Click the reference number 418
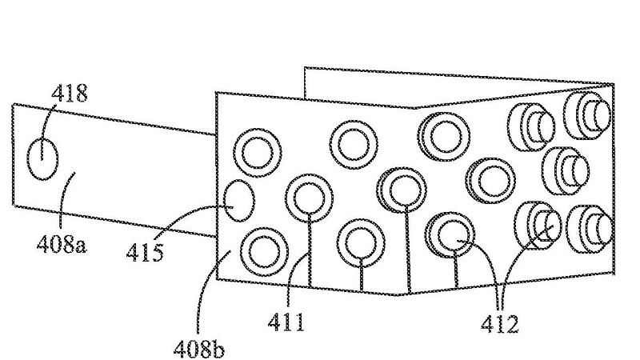(x=69, y=94)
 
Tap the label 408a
(x=62, y=245)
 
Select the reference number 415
(x=145, y=252)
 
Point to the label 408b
(x=198, y=349)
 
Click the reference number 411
(x=286, y=322)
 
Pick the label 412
(x=499, y=325)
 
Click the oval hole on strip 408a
(x=42, y=158)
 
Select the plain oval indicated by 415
(x=239, y=201)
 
